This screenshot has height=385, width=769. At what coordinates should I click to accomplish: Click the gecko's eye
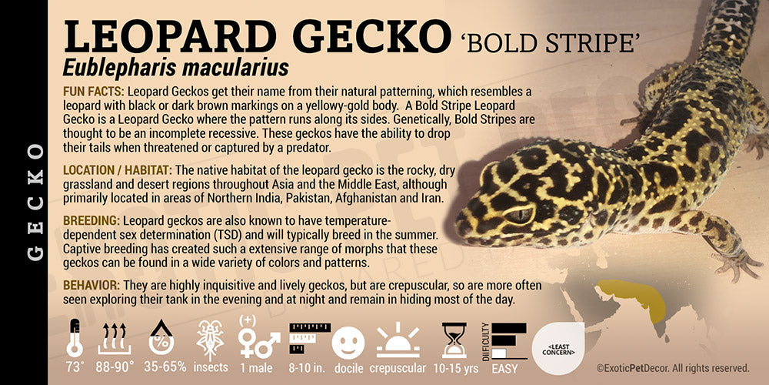pos(519,215)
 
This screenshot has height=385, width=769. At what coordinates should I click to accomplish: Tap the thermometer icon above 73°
pos(75,338)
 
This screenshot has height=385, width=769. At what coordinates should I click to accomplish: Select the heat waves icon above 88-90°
pos(114,338)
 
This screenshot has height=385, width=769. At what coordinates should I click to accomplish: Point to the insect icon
pos(210,338)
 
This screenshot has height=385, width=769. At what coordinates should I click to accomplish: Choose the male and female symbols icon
pos(258,340)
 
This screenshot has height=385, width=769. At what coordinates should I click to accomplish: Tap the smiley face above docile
pos(348,343)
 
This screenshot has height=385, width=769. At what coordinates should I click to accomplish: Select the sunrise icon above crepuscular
pos(398,340)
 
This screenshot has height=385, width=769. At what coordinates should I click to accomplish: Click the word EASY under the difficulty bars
pos(504,368)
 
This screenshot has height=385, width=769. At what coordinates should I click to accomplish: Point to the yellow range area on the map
pos(633,297)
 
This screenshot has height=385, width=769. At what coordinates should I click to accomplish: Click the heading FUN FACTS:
pos(93,92)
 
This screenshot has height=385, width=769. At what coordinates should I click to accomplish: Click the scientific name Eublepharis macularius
pos(175,68)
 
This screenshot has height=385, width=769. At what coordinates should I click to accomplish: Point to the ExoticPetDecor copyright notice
pos(673,368)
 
